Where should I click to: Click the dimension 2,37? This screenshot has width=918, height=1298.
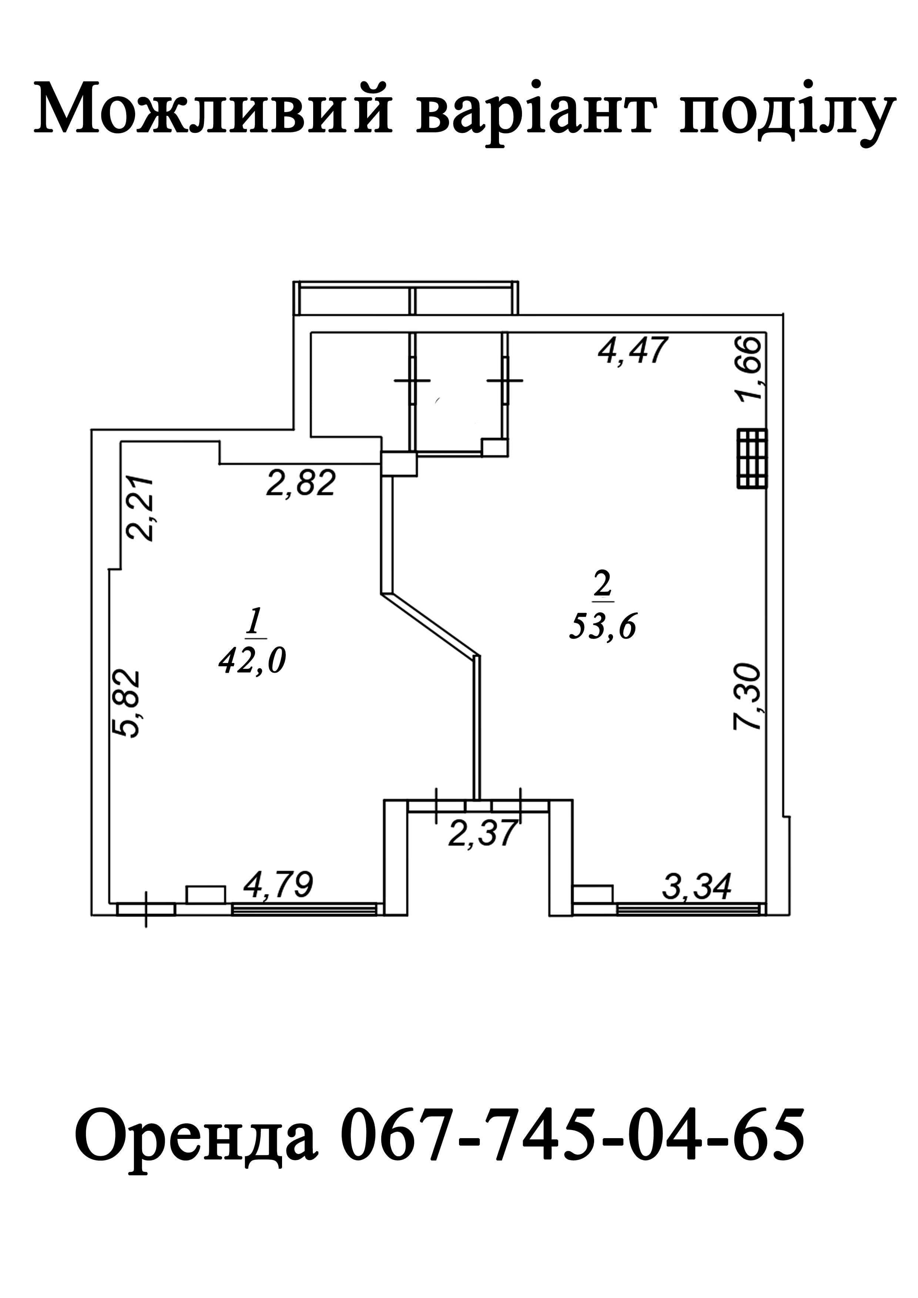[482, 833]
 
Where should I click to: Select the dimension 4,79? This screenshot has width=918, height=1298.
[278, 885]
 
